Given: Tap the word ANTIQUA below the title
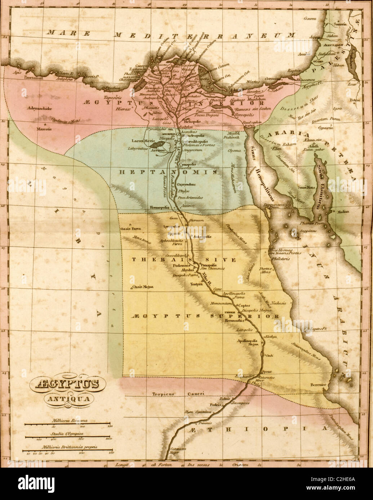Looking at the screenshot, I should pos(62,398).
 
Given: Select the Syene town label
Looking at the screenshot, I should pos(266,371).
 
